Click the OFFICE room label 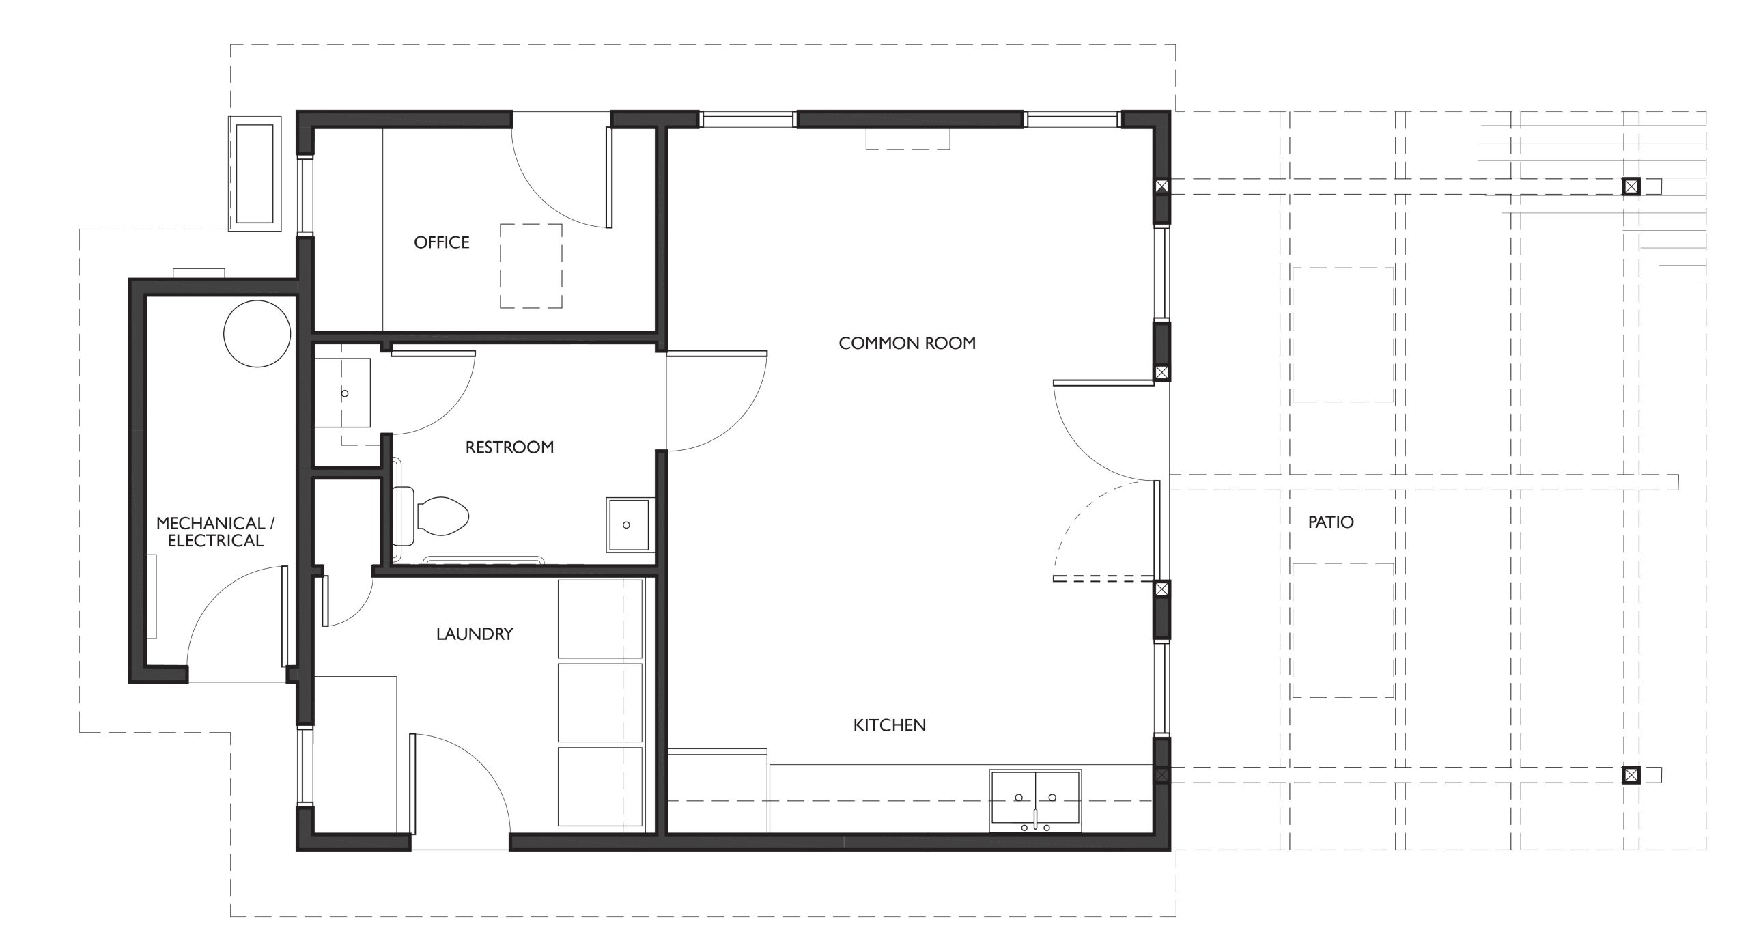pyautogui.click(x=442, y=242)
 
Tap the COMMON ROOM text pyautogui.click(x=907, y=343)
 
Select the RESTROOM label pyautogui.click(x=509, y=447)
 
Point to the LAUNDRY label pyautogui.click(x=475, y=634)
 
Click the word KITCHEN pyautogui.click(x=890, y=725)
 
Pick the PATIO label pyautogui.click(x=1331, y=522)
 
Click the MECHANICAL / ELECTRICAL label pyautogui.click(x=215, y=532)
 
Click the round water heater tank pyautogui.click(x=257, y=334)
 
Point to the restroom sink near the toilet pyautogui.click(x=628, y=524)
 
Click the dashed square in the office pyautogui.click(x=531, y=266)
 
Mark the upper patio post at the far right pyautogui.click(x=1631, y=186)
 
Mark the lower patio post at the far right pyautogui.click(x=1631, y=774)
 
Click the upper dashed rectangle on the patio pyautogui.click(x=1343, y=335)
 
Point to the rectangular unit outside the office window pyautogui.click(x=255, y=173)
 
